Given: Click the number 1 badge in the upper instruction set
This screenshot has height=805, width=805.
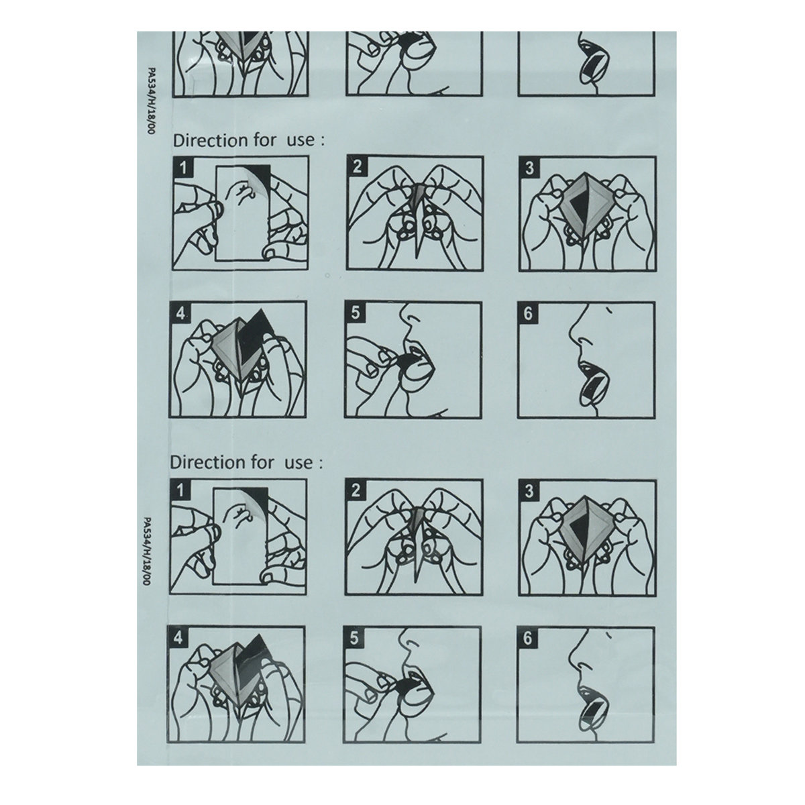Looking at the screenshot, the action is pyautogui.click(x=183, y=168).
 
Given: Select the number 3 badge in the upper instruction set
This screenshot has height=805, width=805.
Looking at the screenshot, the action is pyautogui.click(x=529, y=168).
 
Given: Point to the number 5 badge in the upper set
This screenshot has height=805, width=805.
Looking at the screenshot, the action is pyautogui.click(x=355, y=313).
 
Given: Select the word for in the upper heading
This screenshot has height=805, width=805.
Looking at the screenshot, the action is pyautogui.click(x=265, y=140).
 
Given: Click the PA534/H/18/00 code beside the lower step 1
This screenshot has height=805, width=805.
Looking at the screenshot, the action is pyautogui.click(x=146, y=551).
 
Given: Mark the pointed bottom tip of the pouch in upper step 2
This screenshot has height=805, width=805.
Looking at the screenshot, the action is pyautogui.click(x=417, y=258).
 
